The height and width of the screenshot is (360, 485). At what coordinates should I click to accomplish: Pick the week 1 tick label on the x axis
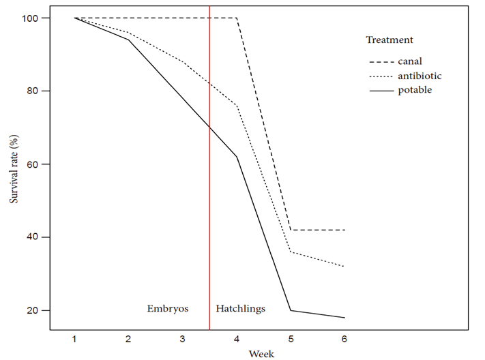coord(74,338)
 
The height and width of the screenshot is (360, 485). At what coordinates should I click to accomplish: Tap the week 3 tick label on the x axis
coord(182,338)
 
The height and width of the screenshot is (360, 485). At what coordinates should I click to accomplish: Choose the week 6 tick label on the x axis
coord(345,338)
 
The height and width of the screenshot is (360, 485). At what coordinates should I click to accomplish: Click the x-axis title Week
coord(261,354)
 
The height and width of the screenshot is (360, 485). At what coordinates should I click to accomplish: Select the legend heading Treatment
coord(389,40)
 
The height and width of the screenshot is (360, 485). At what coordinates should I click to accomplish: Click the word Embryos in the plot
coord(168,309)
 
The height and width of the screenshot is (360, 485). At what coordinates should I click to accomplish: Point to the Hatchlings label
coord(241,309)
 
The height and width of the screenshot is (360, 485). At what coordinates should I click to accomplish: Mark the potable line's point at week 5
coord(291,310)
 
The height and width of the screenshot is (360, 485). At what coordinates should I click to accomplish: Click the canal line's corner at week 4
coord(237,18)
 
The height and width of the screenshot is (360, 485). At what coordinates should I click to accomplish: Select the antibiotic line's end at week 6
coord(345,267)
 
